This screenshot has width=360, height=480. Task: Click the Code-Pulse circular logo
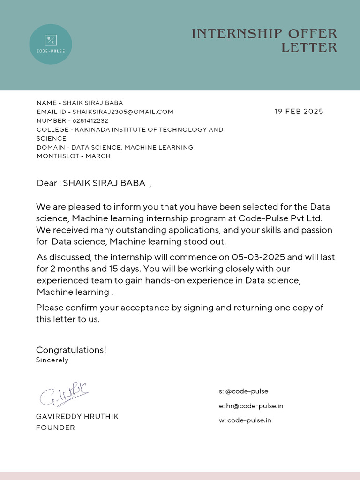pos(51,44)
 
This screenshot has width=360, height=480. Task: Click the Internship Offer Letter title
pos(264,41)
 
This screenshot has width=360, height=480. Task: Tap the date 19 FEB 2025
pos(299,112)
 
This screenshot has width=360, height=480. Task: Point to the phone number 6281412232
pos(90,120)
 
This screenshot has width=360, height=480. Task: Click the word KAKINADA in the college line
pos(93,129)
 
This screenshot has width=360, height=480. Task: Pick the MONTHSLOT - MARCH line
pos(74,156)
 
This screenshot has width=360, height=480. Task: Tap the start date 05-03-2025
pos(259,257)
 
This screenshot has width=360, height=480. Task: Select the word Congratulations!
pos(71,350)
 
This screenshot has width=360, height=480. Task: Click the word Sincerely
pos(52,360)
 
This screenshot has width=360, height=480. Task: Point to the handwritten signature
pos(63,394)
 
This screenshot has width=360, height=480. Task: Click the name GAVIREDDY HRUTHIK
pos(77,417)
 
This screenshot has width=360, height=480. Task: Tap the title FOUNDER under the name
pos(55,428)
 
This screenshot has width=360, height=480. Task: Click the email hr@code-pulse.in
pos(255,406)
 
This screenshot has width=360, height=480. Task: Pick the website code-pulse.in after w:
pos(249,420)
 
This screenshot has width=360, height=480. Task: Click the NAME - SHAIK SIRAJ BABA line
pos(80,103)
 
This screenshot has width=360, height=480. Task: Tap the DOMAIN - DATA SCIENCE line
pos(115,147)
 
